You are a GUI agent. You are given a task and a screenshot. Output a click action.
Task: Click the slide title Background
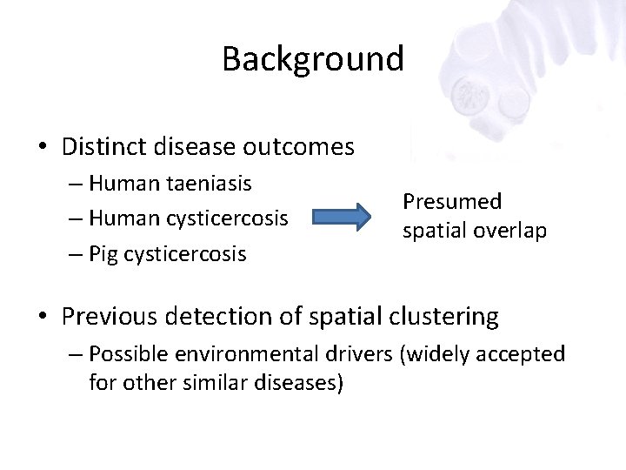pos(313,59)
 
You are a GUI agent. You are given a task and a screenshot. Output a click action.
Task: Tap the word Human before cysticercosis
pos(122,218)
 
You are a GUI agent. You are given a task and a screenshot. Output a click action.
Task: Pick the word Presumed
pos(451,201)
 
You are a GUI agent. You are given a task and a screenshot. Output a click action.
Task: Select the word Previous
pos(105,316)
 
